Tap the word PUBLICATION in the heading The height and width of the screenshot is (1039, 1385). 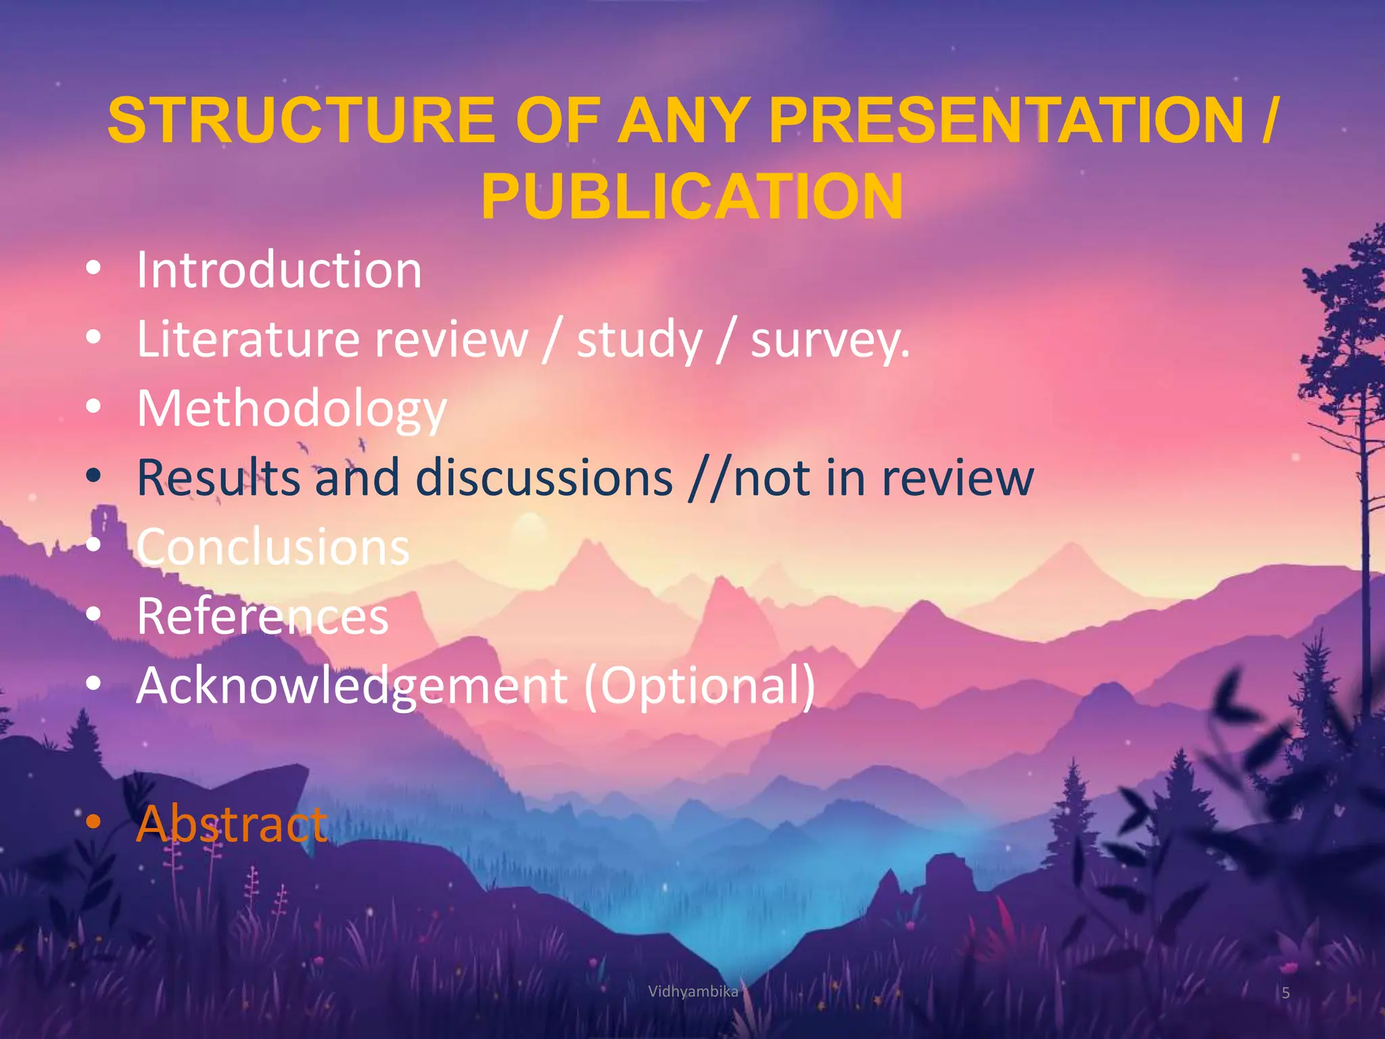pos(691,197)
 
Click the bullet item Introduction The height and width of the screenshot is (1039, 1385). pos(279,271)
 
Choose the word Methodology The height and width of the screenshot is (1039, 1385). pos(291,409)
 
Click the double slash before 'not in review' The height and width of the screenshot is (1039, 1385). pos(709,478)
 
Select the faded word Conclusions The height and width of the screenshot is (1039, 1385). pos(273,547)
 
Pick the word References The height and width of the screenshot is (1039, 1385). pos(262,616)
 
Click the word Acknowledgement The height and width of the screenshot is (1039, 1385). pos(352,686)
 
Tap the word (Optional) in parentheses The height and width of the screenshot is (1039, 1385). pos(699,686)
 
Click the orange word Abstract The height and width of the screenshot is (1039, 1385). pos(231,824)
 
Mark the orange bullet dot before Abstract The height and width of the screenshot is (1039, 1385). pos(94,822)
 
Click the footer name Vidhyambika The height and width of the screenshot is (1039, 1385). pos(692,992)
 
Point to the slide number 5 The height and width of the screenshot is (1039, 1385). pos(1286,993)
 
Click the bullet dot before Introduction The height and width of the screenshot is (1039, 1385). pos(94,269)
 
